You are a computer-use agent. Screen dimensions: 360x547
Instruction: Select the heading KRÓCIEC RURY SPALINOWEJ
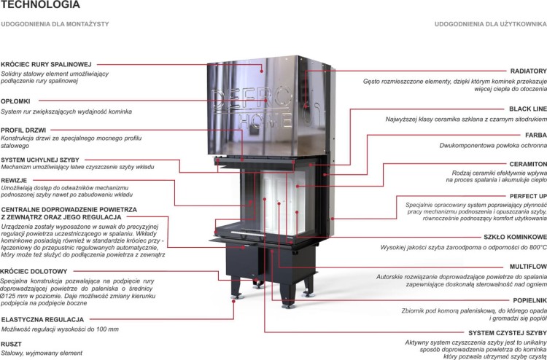tap(46, 64)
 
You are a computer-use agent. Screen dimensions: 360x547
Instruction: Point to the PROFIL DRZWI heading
tap(24, 130)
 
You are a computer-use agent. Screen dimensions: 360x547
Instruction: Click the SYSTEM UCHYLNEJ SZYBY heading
tap(40, 159)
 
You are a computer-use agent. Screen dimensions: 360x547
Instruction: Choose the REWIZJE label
tap(15, 179)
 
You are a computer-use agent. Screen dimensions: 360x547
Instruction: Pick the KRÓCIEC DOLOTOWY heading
tap(34, 271)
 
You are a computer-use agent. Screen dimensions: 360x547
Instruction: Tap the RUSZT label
tap(11, 343)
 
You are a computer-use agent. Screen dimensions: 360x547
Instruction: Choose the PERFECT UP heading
tap(526, 197)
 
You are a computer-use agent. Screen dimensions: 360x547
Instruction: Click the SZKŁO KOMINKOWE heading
tap(513, 237)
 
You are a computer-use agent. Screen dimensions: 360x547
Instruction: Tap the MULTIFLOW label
tap(527, 267)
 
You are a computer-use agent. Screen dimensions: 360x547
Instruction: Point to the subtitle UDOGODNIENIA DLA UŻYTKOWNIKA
tap(490, 25)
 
